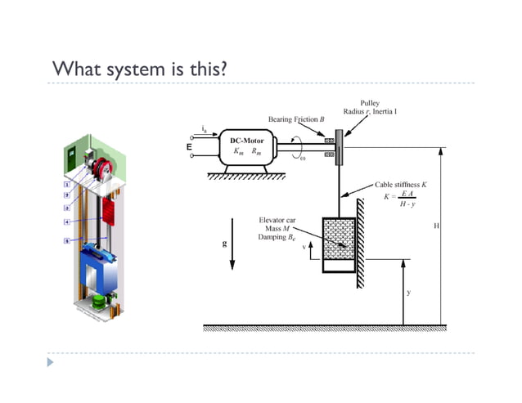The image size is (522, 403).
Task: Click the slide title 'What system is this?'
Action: [x=139, y=67]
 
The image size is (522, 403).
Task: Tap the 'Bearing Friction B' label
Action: [x=296, y=119]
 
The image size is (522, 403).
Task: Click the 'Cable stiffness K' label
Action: [x=401, y=185]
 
